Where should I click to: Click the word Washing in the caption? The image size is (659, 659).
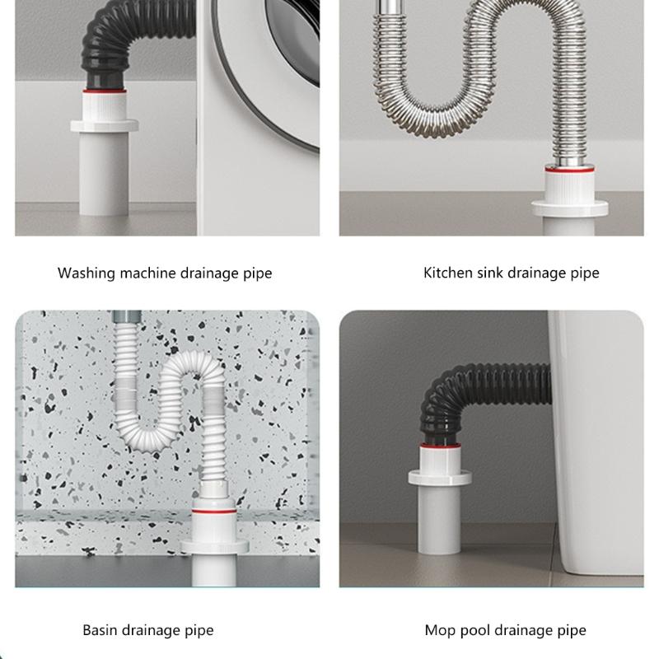click(84, 273)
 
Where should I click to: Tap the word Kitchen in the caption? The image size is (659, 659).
click(447, 273)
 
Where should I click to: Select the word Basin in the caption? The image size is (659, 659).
click(101, 630)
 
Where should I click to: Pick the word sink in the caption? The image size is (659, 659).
click(494, 273)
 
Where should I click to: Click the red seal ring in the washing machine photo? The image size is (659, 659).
click(105, 85)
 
